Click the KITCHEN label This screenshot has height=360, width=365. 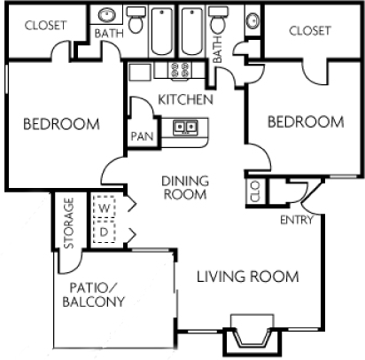[x=185, y=99]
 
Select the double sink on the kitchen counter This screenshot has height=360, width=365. [x=185, y=127]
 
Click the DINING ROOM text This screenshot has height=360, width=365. [x=184, y=187]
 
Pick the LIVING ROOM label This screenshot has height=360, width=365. [x=247, y=278]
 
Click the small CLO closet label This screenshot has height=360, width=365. [x=255, y=192]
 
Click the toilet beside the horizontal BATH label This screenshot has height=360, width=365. [x=136, y=20]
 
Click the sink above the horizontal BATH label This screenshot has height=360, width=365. [x=105, y=16]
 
